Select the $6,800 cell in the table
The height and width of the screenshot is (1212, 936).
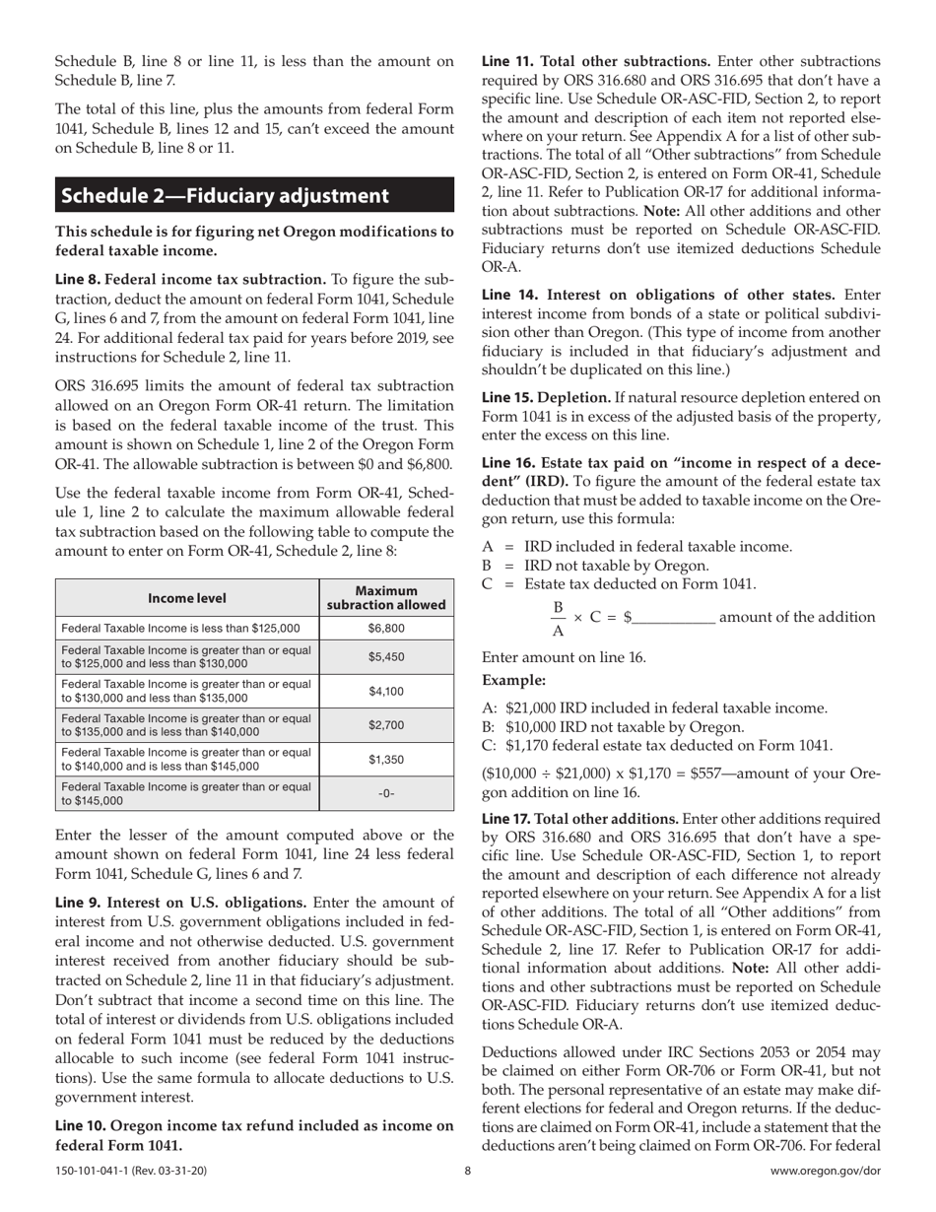pos(386,627)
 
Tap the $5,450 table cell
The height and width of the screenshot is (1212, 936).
pos(386,656)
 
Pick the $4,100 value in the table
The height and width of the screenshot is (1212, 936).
pos(386,692)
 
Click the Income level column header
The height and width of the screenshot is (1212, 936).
pos(187,598)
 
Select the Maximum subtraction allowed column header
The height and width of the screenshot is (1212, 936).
pos(386,598)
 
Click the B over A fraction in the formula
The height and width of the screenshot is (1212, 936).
pos(558,619)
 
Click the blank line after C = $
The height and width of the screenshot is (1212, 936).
pos(675,618)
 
